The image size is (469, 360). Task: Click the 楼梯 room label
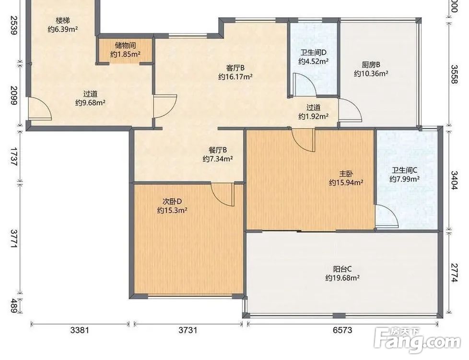(x=63, y=21)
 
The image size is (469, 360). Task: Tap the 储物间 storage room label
(x=126, y=46)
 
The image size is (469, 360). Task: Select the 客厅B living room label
(x=235, y=68)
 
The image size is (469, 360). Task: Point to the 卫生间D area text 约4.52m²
(x=314, y=62)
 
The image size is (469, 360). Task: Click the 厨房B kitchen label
(x=371, y=65)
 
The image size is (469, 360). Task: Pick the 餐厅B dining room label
(x=218, y=150)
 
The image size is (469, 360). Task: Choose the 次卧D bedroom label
(x=172, y=201)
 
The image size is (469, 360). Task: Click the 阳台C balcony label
(x=342, y=269)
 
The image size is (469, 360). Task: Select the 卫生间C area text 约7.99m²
(x=404, y=180)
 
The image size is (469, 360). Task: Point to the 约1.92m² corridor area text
(x=314, y=117)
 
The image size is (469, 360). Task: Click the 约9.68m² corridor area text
(x=90, y=103)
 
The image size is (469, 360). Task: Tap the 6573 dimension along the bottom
(x=342, y=330)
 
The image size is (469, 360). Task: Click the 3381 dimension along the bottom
(x=80, y=330)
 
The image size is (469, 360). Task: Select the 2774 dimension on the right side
(x=454, y=273)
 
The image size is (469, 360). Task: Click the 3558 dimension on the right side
(x=454, y=74)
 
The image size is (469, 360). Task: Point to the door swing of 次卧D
(x=223, y=194)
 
